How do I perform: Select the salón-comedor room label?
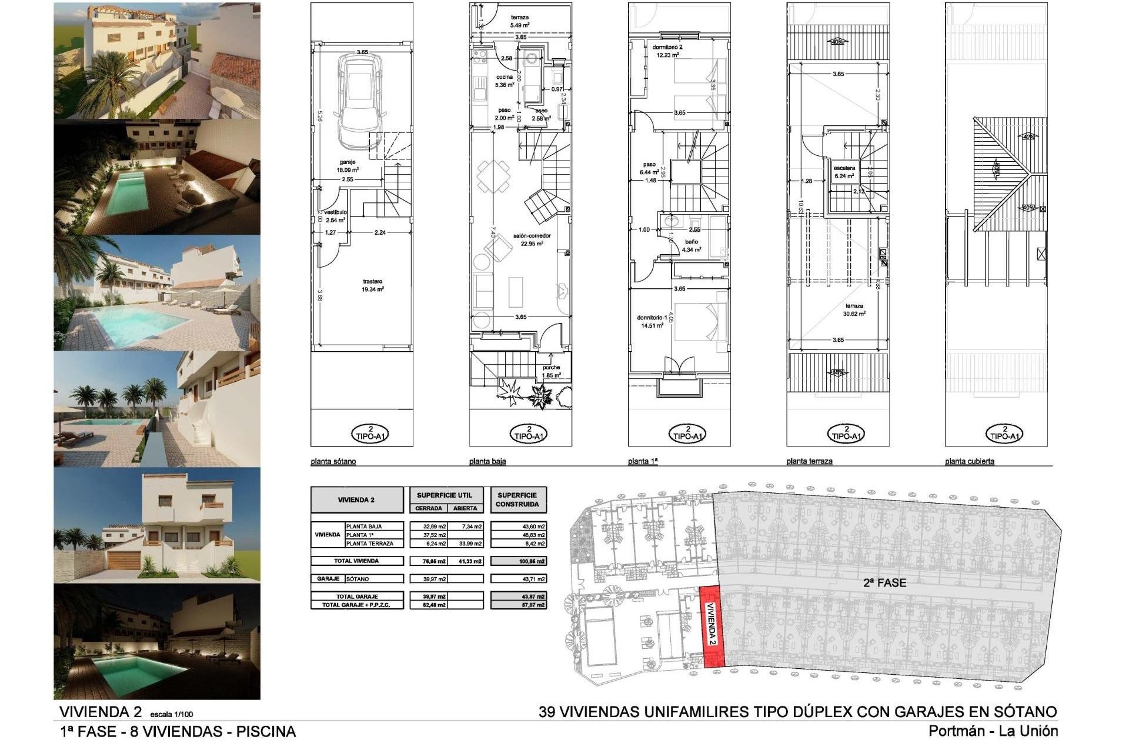532,239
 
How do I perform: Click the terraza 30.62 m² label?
854,309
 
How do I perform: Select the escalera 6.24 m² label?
844,172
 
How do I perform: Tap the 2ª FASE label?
884,583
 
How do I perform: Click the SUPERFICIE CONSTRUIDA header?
517,499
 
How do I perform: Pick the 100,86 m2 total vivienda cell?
518,561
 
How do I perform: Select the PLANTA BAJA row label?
365,527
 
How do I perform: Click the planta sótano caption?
333,462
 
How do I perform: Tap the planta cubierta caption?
970,462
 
